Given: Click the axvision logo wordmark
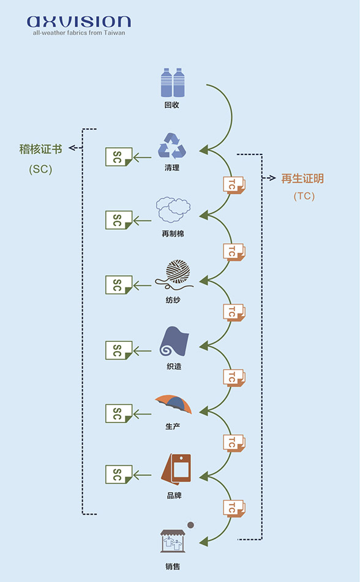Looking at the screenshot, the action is [78, 21].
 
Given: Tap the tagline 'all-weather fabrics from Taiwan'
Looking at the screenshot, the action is [79, 32].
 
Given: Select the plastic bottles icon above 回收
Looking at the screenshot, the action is [173, 83].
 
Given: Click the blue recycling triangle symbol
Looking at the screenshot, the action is [172, 146].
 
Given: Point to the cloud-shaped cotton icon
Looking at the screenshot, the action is [173, 210].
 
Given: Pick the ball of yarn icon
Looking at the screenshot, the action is [174, 274].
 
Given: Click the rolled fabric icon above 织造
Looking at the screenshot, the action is [174, 342].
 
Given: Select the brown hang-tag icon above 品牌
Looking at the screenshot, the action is [176, 469].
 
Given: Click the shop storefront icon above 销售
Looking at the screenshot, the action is [173, 541].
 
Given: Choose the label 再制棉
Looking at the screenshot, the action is [173, 234].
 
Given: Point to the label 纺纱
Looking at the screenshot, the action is [173, 300].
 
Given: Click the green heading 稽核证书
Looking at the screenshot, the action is [40, 149].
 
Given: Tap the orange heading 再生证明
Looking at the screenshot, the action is [302, 178].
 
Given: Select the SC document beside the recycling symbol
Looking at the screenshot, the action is [119, 157].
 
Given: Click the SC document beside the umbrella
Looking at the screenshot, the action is [119, 414].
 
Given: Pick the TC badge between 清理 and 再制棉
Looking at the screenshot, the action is [234, 185].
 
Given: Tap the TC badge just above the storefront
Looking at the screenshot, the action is [234, 508].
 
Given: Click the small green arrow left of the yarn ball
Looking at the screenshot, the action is [142, 285].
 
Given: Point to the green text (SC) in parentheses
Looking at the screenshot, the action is [40, 169].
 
